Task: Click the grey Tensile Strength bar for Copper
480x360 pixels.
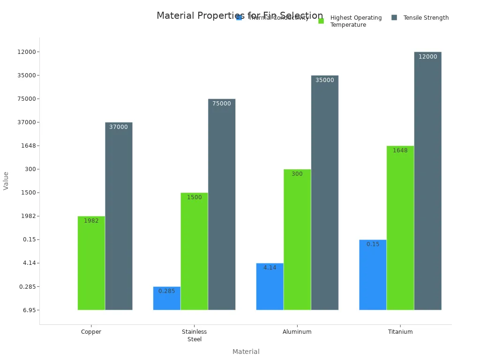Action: (119, 216)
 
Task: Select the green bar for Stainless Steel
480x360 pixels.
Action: (194, 251)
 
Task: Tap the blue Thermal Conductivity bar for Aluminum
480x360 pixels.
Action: (270, 286)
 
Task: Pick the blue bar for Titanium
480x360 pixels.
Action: (373, 274)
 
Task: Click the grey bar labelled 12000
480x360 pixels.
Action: (427, 180)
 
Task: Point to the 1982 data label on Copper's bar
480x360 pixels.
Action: (91, 221)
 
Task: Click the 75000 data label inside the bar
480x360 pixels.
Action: (222, 104)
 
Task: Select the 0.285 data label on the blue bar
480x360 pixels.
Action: (166, 291)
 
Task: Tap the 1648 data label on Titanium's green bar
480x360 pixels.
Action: (400, 150)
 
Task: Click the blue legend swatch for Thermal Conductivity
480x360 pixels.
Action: (239, 18)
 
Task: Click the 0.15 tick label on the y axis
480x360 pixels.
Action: (30, 240)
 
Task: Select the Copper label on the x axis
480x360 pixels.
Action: (91, 332)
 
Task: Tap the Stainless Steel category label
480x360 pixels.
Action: (194, 335)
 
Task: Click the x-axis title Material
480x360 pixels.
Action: (246, 352)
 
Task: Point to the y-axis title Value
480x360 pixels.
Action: (6, 180)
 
